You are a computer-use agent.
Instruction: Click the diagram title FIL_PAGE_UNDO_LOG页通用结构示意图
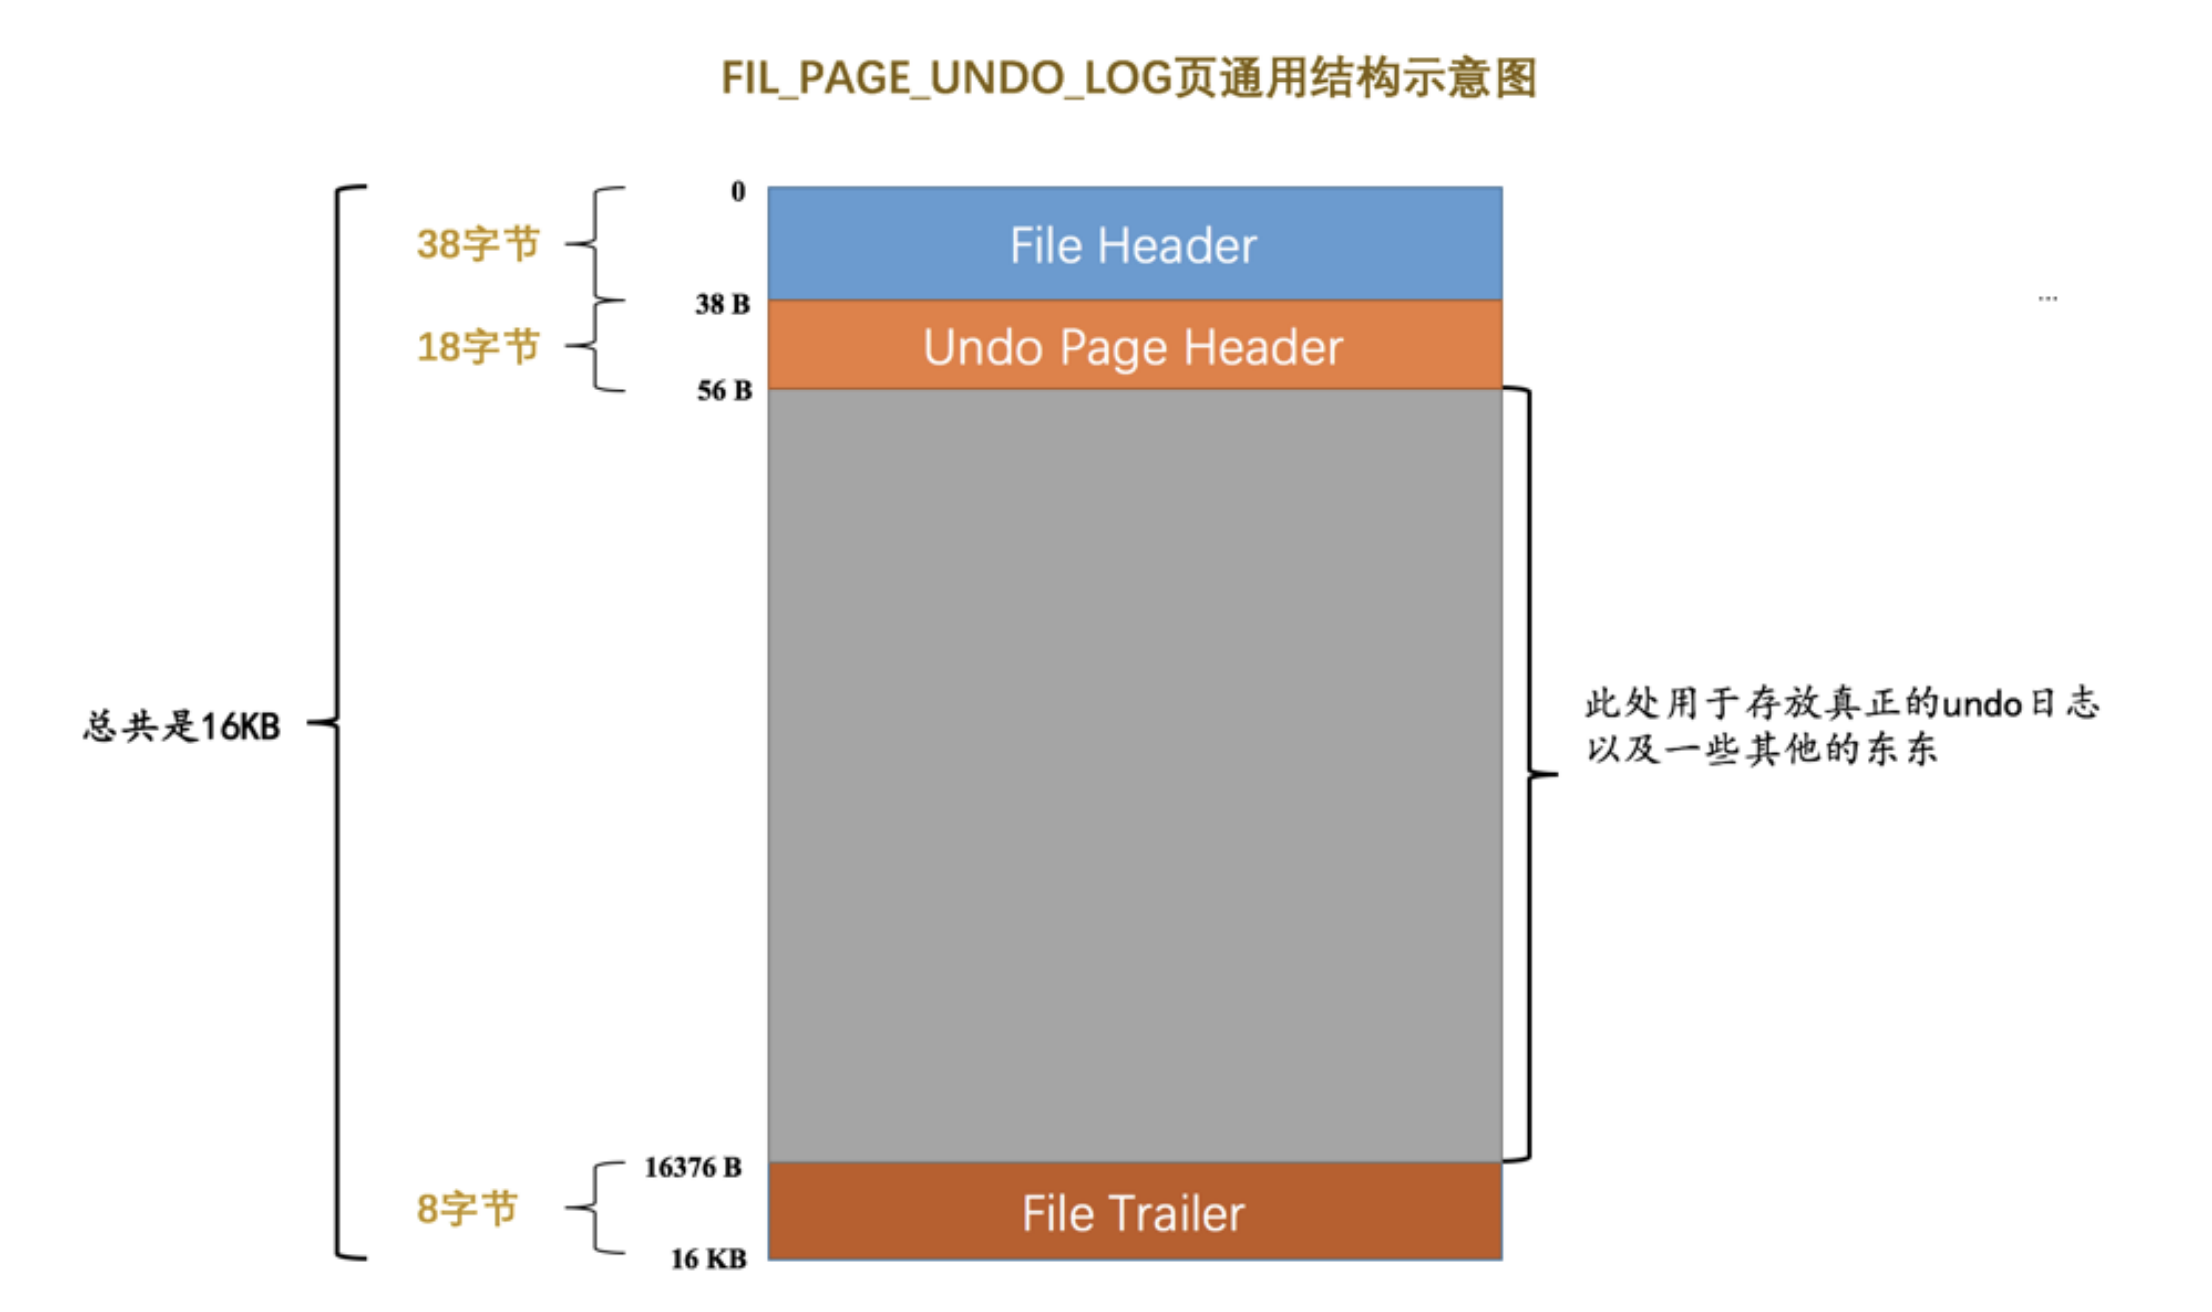coord(1128,78)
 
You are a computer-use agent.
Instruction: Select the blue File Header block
coord(1134,244)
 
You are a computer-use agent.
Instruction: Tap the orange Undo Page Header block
coord(1134,346)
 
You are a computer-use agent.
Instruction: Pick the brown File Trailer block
coord(1134,1212)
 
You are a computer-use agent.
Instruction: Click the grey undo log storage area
coord(1134,775)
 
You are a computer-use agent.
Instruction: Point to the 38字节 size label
coord(478,244)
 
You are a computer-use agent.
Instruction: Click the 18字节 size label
coord(478,347)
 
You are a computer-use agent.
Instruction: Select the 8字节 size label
coord(467,1209)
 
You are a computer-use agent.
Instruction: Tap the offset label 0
coord(738,191)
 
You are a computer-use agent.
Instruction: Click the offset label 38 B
coord(722,304)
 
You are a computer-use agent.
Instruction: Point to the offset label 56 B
coord(724,391)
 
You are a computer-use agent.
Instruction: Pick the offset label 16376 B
coord(693,1167)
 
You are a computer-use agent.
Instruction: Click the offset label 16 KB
coord(708,1259)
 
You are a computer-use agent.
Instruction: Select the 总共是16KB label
coord(182,726)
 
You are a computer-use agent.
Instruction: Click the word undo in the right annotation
coord(1982,705)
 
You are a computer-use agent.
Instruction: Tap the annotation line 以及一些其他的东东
coord(1762,749)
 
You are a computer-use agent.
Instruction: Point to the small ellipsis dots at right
coord(2047,298)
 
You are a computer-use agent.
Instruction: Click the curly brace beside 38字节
coord(596,243)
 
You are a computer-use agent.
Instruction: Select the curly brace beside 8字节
coord(596,1208)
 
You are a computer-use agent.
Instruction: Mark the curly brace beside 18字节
coord(596,346)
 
